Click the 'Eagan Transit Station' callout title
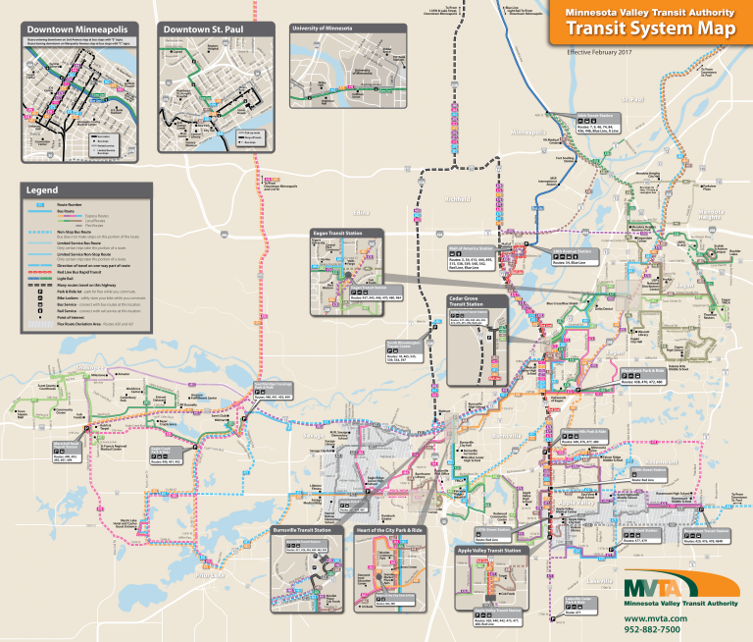tap(335, 234)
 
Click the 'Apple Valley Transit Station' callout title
tap(488, 551)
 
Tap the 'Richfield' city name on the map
tap(458, 199)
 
